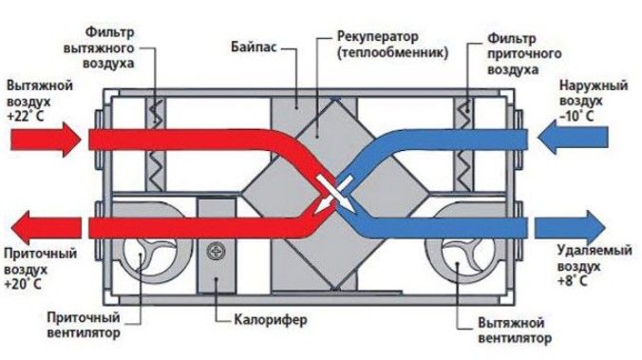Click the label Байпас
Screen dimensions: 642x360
pyautogui.click(x=254, y=47)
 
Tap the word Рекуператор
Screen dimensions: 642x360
pyautogui.click(x=378, y=37)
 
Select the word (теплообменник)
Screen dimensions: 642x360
pyautogui.click(x=393, y=53)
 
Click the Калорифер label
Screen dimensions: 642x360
pyautogui.click(x=271, y=319)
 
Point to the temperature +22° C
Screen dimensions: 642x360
pyautogui.click(x=25, y=116)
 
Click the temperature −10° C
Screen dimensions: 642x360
pyautogui.click(x=576, y=116)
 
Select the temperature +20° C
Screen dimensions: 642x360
pyautogui.click(x=23, y=284)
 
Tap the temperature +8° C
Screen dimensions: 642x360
pyautogui.click(x=573, y=281)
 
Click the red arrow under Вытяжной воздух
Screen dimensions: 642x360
pyautogui.click(x=45, y=140)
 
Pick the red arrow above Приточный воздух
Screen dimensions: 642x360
pyautogui.click(x=46, y=227)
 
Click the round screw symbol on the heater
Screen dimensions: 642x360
pyautogui.click(x=216, y=251)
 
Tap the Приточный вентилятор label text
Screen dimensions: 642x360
pyautogui.click(x=84, y=325)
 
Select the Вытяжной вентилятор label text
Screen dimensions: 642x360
pyautogui.click(x=515, y=331)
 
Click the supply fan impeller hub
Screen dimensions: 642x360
pyautogui.click(x=141, y=255)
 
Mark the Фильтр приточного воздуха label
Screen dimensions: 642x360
pyautogui.click(x=524, y=54)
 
